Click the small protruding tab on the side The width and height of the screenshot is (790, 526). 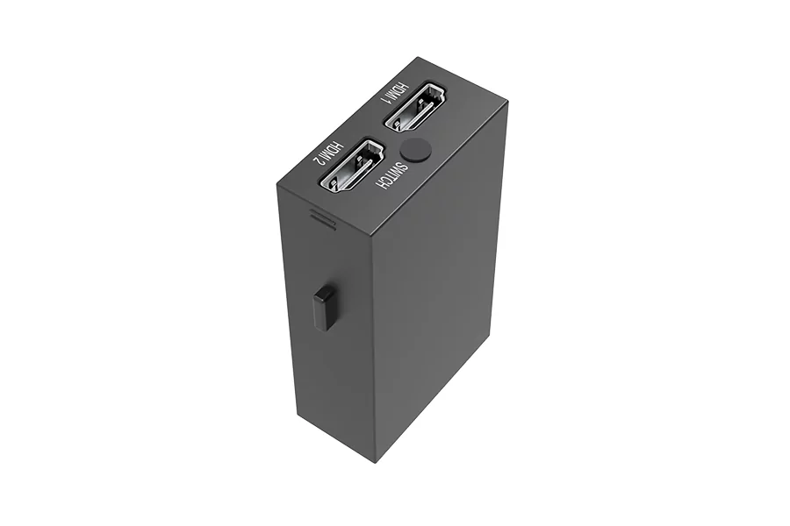[324, 308]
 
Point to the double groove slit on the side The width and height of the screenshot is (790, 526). [323, 217]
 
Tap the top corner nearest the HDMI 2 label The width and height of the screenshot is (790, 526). [276, 185]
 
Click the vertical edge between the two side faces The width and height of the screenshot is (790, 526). [373, 351]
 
